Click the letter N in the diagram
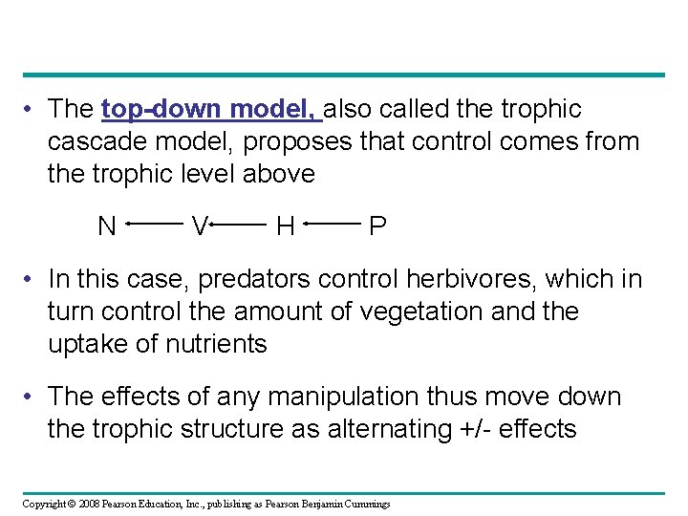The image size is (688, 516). click(107, 226)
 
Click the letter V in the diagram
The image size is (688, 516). click(199, 226)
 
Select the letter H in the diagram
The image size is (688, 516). click(285, 226)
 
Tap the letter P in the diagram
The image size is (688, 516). click(377, 226)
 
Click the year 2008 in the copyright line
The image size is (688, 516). click(90, 504)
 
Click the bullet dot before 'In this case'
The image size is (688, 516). click(32, 280)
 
